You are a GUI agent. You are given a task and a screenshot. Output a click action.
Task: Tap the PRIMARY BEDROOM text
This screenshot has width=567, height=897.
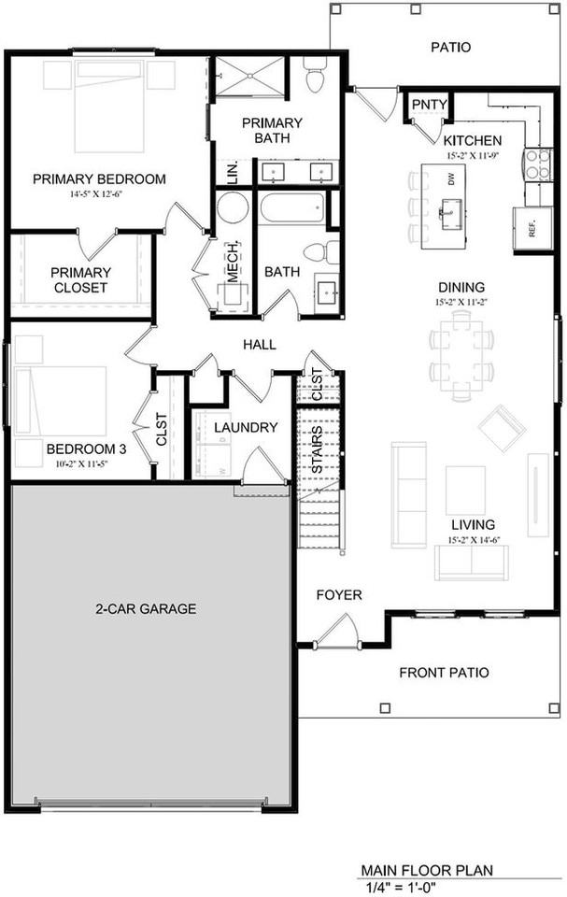pyautogui.click(x=99, y=179)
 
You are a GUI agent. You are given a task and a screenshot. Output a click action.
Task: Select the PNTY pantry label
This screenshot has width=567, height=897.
pyautogui.click(x=429, y=104)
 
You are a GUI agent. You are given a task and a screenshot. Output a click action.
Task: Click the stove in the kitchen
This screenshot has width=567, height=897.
pyautogui.click(x=538, y=165)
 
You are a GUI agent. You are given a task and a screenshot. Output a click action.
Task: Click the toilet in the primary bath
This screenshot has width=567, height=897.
pyautogui.click(x=315, y=76)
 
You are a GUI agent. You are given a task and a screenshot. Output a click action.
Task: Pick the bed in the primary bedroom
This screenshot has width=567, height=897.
pyautogui.click(x=109, y=105)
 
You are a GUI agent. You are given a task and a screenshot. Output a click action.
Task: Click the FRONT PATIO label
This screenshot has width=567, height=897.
pyautogui.click(x=444, y=673)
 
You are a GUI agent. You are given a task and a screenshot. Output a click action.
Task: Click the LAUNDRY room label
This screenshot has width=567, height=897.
pyautogui.click(x=246, y=428)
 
